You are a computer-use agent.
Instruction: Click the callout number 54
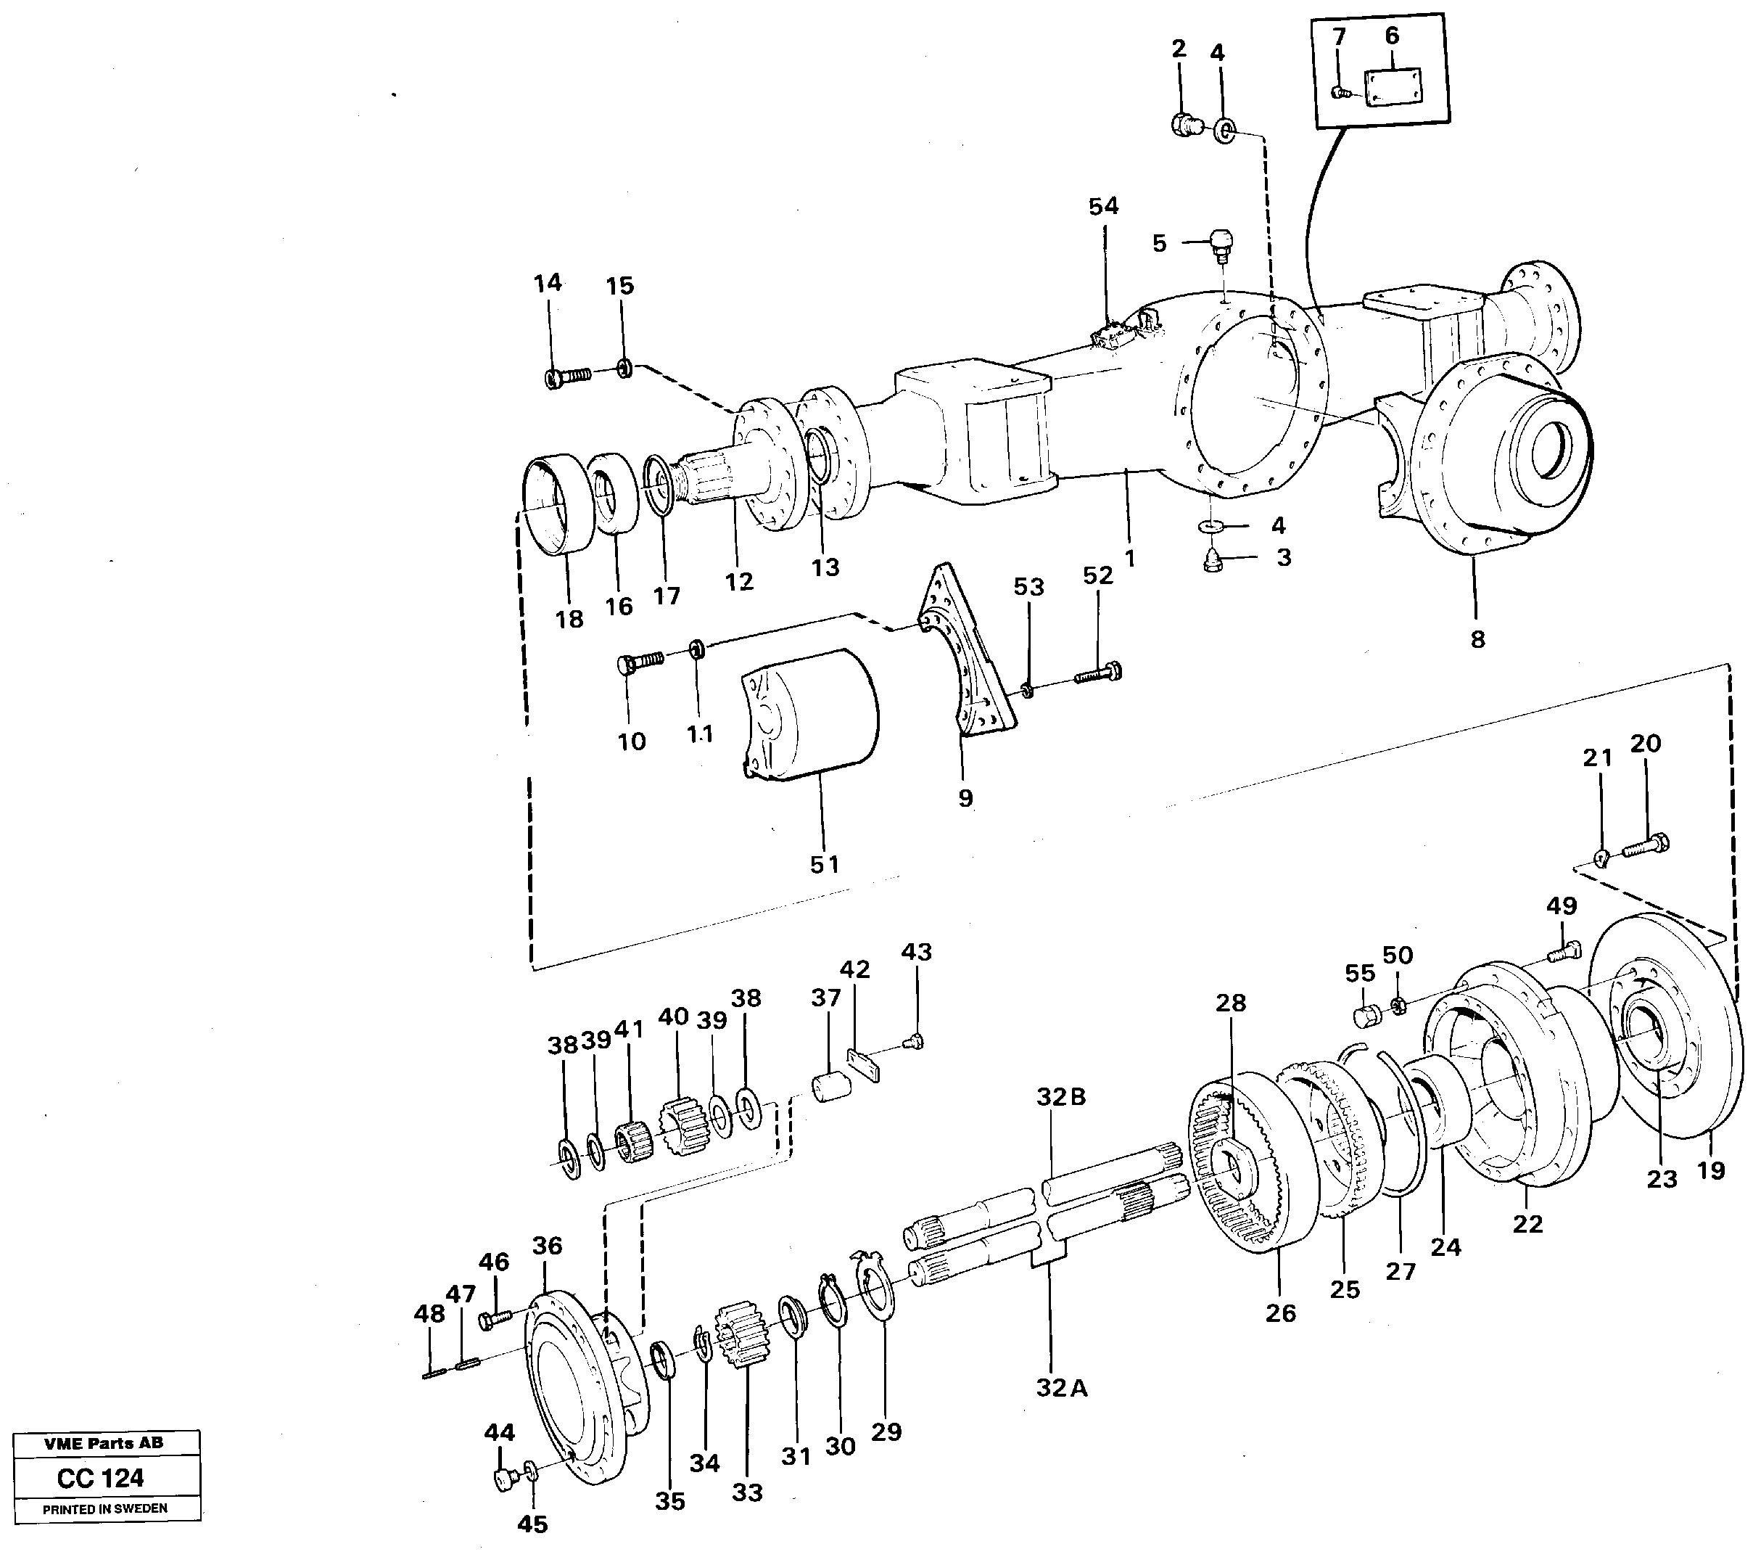(1104, 207)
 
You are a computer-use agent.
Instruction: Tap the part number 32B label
(1061, 1097)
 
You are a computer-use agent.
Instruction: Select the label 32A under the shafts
(1061, 1388)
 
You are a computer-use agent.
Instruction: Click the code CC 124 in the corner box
(102, 1478)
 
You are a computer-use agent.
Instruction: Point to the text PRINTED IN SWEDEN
(104, 1508)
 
